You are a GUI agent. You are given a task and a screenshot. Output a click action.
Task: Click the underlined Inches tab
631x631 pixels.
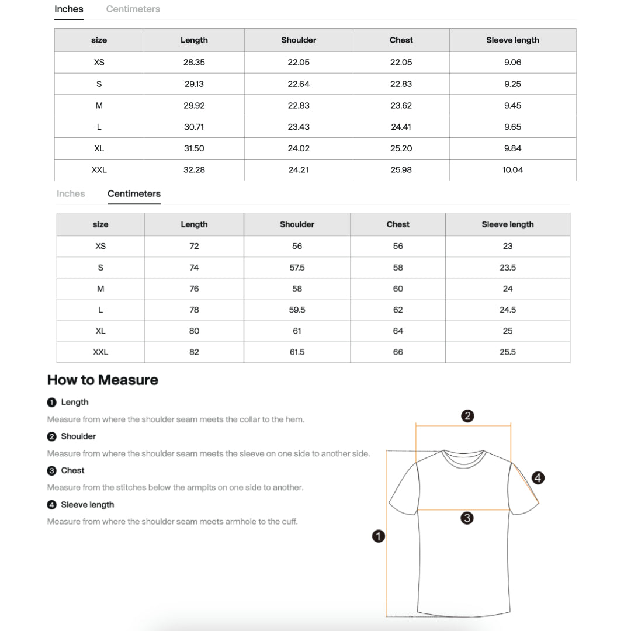click(69, 9)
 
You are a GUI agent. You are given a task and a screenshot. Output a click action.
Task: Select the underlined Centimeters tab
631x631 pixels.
click(134, 194)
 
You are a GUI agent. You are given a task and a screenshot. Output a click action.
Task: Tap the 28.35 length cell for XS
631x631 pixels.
click(194, 63)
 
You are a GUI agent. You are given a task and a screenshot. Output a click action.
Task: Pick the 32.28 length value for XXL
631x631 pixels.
click(194, 170)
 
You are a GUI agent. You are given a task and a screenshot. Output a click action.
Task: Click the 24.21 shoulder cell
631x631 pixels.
click(299, 170)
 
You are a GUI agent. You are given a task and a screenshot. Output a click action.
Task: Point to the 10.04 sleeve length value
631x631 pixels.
click(512, 170)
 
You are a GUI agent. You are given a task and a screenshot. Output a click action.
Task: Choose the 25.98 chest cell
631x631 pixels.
click(401, 170)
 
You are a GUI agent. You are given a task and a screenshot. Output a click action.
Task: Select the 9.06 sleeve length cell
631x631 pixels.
click(512, 63)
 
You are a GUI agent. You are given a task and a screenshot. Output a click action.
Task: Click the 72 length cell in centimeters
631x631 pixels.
click(194, 247)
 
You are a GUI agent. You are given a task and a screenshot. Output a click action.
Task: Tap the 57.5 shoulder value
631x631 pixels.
click(297, 268)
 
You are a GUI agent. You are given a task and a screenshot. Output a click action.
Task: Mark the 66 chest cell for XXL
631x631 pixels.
click(398, 352)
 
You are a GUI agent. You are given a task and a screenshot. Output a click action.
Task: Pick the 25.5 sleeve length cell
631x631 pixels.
click(508, 352)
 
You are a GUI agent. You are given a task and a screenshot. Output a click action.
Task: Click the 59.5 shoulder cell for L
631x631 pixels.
click(297, 310)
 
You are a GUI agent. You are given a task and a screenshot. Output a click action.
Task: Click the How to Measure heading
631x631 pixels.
click(103, 380)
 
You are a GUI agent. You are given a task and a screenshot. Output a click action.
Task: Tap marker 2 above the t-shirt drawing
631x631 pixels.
click(467, 416)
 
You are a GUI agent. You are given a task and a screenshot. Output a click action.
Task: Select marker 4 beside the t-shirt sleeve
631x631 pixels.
click(538, 478)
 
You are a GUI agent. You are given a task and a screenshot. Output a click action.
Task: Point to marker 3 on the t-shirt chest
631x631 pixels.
click(467, 518)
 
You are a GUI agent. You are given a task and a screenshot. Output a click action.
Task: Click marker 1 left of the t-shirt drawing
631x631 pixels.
click(379, 536)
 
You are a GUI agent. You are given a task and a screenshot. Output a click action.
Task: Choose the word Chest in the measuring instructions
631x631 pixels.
click(72, 470)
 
